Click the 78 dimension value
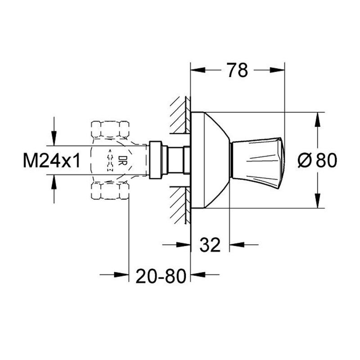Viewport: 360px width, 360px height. tap(238, 70)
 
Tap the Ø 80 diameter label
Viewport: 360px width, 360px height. tap(317, 160)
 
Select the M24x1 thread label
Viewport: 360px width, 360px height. tap(52, 161)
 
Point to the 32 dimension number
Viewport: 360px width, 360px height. tap(210, 244)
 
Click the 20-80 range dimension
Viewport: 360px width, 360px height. tap(161, 276)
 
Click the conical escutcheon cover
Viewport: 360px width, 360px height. tap(210, 160)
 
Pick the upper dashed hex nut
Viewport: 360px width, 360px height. tap(110, 130)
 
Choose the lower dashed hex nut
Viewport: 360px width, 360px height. tap(110, 190)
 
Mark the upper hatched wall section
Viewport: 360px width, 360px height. tap(180, 115)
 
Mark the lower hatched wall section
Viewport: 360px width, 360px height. tap(180, 206)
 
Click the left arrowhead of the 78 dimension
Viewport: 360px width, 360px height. tap(198, 70)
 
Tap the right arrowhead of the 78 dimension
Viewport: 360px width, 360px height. tap(277, 70)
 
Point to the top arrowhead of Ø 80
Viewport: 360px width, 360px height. tap(317, 119)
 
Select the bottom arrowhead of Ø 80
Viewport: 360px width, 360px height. tap(317, 201)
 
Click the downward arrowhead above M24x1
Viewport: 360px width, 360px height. tap(54, 138)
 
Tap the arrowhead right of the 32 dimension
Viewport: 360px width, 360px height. tap(237, 245)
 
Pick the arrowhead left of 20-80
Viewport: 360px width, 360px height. tap(121, 274)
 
